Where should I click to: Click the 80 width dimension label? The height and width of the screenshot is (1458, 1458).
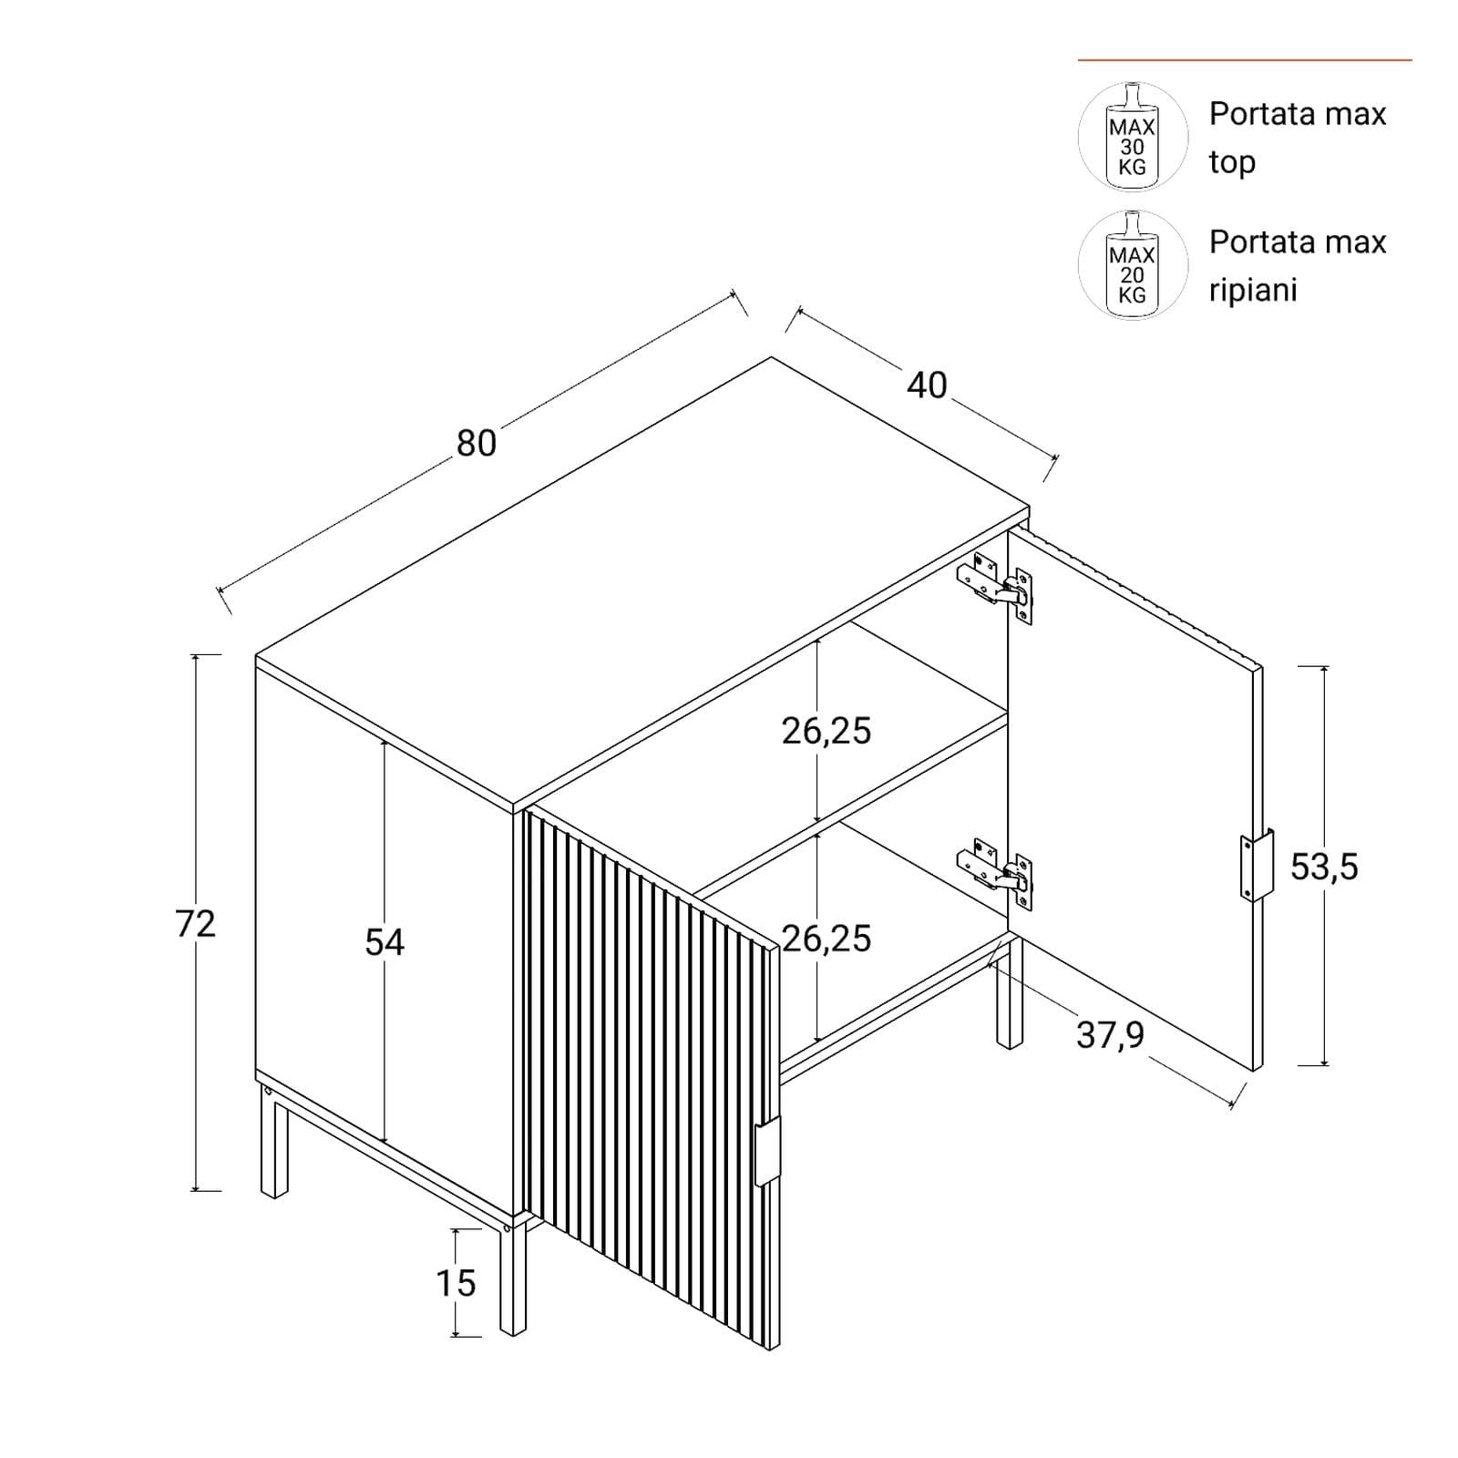476,443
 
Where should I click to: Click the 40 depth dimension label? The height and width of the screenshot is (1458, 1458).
927,385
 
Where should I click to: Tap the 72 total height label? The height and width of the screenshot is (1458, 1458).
196,924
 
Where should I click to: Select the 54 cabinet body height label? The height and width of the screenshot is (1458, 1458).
385,942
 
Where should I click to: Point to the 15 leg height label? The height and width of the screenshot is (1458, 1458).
456,1283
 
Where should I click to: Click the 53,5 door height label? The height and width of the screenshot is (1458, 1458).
1324,867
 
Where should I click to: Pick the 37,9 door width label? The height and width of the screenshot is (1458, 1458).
1110,1035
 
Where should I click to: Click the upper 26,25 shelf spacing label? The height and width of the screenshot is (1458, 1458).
827,731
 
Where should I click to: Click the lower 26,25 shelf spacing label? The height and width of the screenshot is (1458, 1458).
827,939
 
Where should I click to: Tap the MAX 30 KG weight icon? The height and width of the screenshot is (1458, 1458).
1133,137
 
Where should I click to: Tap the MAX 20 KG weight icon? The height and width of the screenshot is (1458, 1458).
1133,265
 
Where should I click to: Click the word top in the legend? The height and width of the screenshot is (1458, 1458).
1232,163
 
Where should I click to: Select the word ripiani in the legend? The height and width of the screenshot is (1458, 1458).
1253,291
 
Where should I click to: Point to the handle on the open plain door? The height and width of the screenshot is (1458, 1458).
1257,865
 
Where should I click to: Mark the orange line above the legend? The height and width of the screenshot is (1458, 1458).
1245,60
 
